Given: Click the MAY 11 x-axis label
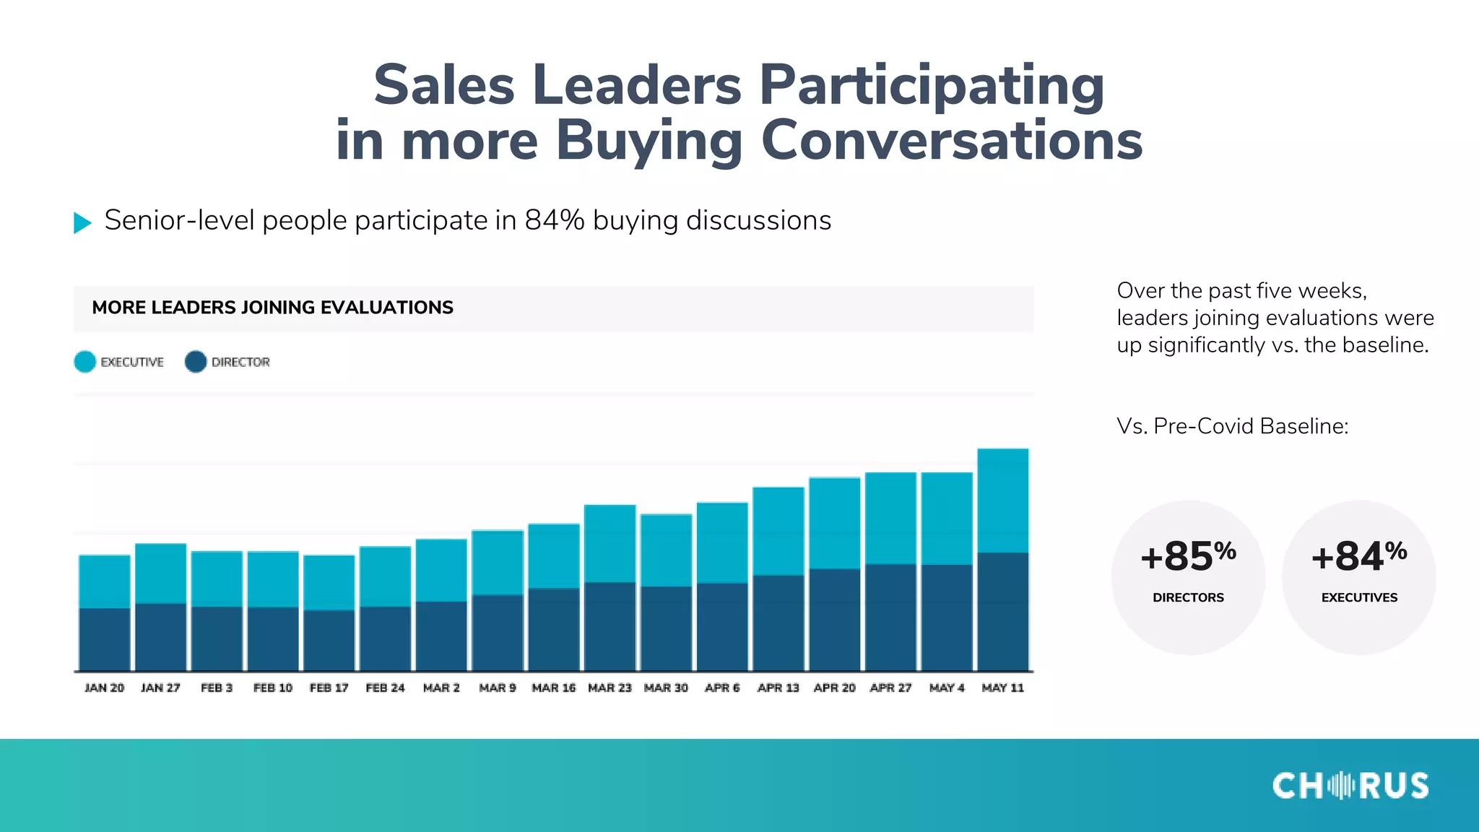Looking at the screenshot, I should (1002, 688).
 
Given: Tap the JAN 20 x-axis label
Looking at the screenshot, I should (104, 688).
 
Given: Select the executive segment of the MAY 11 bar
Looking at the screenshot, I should (1002, 500).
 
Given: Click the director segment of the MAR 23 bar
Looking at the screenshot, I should (610, 626).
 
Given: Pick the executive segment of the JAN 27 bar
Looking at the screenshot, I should (160, 573).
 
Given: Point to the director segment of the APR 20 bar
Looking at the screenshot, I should (834, 620).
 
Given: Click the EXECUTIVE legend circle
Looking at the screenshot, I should (84, 362).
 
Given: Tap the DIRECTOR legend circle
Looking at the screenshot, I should (196, 362).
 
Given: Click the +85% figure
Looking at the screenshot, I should (1188, 557).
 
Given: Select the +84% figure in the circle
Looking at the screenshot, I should (1358, 557).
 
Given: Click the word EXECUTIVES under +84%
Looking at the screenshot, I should (1359, 597).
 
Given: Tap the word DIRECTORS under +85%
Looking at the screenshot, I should (1188, 597).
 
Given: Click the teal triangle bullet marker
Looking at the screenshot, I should (82, 222).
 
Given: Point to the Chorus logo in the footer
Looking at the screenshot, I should (1350, 786).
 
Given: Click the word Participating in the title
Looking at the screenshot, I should (932, 85).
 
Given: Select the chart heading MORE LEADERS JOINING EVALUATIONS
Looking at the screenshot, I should (272, 308).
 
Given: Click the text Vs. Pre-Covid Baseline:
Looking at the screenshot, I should (1232, 426).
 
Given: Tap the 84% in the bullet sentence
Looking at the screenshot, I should (554, 220).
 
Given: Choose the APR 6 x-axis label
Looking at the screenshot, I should (722, 688).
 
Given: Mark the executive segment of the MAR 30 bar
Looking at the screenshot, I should (666, 550).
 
